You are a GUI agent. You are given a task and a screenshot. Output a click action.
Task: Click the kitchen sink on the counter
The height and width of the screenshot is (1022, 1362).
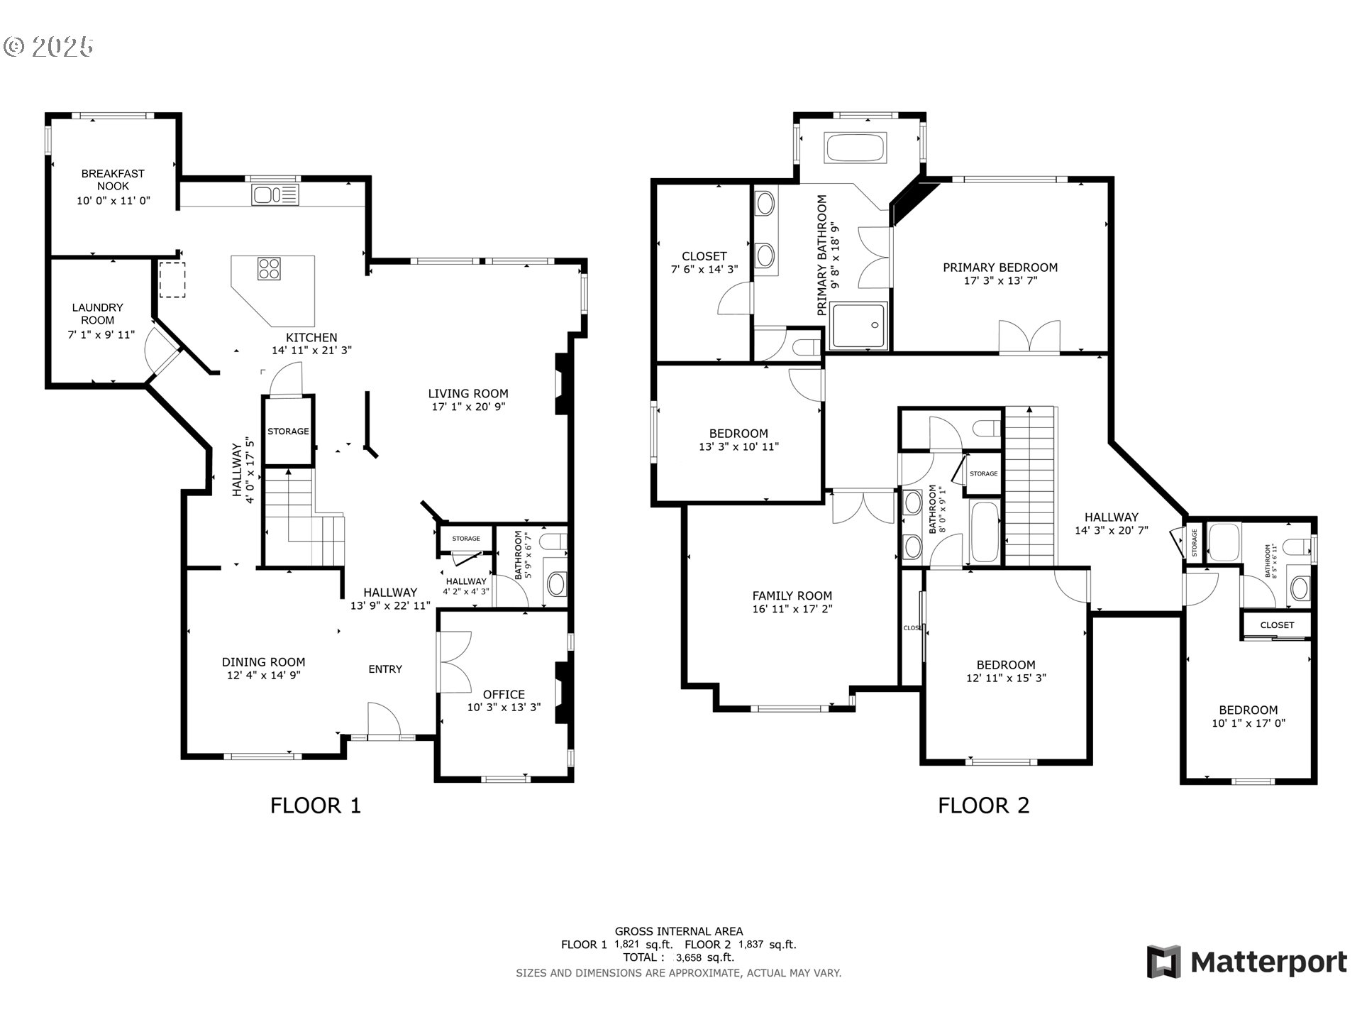click(275, 194)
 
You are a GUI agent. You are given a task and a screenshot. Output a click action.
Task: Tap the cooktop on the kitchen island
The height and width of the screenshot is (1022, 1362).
click(270, 268)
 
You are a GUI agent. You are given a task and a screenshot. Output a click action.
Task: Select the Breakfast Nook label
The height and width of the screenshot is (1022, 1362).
click(113, 180)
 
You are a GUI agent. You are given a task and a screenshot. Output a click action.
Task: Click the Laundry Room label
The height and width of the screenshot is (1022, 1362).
click(98, 314)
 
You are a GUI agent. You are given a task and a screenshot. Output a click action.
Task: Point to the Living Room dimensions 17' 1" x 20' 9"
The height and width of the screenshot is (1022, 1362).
click(468, 407)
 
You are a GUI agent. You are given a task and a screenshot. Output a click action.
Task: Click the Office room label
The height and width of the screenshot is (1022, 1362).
click(504, 694)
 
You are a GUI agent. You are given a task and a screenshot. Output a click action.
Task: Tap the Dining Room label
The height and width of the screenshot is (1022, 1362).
click(263, 661)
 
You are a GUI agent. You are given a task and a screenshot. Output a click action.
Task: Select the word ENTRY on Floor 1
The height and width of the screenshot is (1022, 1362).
click(385, 669)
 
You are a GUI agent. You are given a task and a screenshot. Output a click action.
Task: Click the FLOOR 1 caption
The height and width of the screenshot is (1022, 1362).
click(316, 805)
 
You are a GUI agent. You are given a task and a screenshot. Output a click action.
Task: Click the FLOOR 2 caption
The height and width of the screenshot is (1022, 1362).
click(983, 805)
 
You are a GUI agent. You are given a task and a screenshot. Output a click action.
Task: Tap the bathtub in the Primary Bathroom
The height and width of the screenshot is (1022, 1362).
click(855, 148)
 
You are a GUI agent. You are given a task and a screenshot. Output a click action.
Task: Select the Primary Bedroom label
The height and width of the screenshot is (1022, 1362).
click(1000, 268)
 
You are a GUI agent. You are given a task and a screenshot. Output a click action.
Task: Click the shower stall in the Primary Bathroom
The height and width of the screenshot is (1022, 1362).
click(858, 326)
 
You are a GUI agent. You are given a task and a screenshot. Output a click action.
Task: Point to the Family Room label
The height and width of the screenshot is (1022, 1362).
click(792, 596)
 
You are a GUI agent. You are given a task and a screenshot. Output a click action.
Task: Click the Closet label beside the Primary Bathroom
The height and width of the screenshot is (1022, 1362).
click(704, 256)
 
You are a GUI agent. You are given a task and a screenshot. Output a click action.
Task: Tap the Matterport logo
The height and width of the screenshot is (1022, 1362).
click(1247, 962)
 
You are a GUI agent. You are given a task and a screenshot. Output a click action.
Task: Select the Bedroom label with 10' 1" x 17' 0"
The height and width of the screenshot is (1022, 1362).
click(1248, 710)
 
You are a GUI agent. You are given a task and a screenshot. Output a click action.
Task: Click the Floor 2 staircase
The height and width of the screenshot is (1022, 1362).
click(1031, 487)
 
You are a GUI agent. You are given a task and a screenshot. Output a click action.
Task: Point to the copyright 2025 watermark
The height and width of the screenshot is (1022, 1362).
click(49, 47)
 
